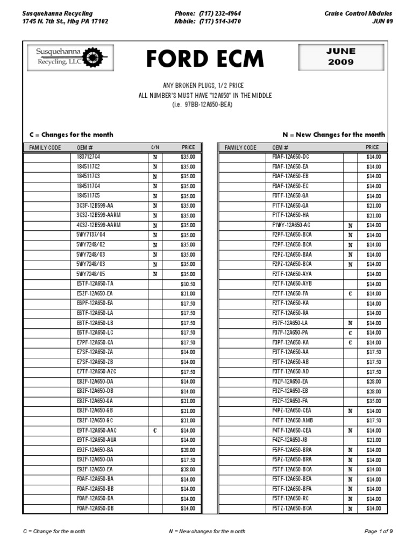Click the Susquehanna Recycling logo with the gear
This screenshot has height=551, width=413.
(71, 58)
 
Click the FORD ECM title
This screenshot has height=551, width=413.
(205, 59)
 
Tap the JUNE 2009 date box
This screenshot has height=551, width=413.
(340, 56)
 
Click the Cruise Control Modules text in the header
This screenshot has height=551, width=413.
(359, 13)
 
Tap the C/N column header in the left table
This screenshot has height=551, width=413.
(155, 147)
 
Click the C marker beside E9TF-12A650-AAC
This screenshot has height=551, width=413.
(155, 430)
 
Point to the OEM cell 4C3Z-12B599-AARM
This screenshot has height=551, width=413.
(99, 225)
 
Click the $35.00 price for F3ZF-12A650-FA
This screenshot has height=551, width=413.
(373, 401)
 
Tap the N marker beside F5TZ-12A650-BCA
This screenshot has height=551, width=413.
(350, 508)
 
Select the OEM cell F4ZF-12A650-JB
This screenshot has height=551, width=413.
(290, 440)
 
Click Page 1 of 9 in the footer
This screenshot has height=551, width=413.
(379, 532)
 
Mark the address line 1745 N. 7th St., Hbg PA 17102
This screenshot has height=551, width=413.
(66, 22)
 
